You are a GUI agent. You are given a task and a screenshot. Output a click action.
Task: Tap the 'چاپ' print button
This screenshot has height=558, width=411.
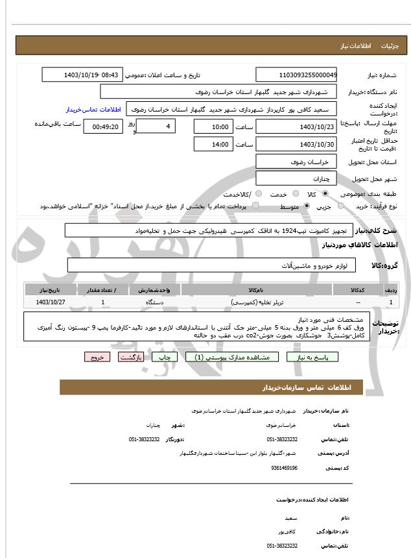[165, 357]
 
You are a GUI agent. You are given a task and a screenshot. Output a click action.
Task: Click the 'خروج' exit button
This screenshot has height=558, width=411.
[97, 357]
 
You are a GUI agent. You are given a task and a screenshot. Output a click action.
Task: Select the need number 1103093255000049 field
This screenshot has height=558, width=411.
[296, 75]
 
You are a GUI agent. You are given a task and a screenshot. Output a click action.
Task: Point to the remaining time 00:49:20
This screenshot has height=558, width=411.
[103, 127]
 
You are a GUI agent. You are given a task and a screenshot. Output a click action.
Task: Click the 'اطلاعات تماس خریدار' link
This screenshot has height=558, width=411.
[93, 110]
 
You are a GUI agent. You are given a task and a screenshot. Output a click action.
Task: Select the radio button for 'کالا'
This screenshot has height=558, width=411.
[325, 194]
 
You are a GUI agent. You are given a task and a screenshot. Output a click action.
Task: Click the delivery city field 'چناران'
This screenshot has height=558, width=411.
[296, 178]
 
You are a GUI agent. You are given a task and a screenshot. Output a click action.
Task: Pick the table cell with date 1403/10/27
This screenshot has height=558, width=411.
[51, 302]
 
